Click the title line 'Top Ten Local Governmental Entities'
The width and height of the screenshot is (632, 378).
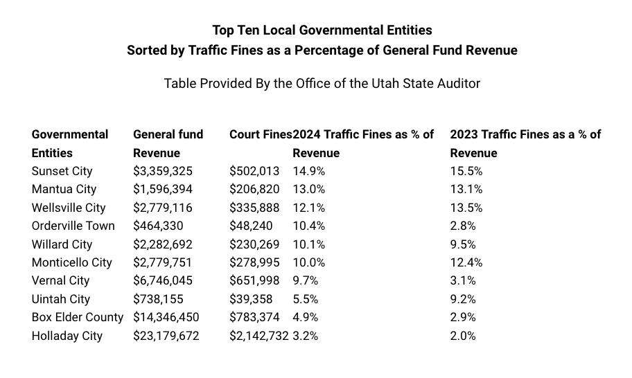tap(322, 30)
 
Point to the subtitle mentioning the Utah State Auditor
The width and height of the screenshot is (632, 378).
tap(322, 83)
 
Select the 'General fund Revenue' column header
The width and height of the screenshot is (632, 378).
tap(168, 143)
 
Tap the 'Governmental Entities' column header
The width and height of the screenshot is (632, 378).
tap(70, 143)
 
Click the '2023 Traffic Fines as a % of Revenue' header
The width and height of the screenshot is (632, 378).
tap(525, 143)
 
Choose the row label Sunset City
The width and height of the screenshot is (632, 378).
tap(62, 171)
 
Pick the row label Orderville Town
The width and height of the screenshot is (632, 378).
tap(73, 226)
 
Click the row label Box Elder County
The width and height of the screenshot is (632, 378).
tap(77, 317)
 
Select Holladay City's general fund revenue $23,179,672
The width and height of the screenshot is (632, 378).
tap(167, 336)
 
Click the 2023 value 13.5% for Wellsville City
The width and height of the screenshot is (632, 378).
tap(466, 208)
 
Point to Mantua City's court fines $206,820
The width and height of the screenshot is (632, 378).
tap(251, 189)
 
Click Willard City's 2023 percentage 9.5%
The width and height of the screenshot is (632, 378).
tap(464, 244)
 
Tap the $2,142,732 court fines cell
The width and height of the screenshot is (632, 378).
tap(258, 336)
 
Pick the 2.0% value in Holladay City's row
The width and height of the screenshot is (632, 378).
tap(463, 336)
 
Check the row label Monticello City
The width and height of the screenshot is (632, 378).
tap(71, 262)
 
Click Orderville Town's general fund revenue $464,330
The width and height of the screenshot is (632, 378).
tap(159, 226)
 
